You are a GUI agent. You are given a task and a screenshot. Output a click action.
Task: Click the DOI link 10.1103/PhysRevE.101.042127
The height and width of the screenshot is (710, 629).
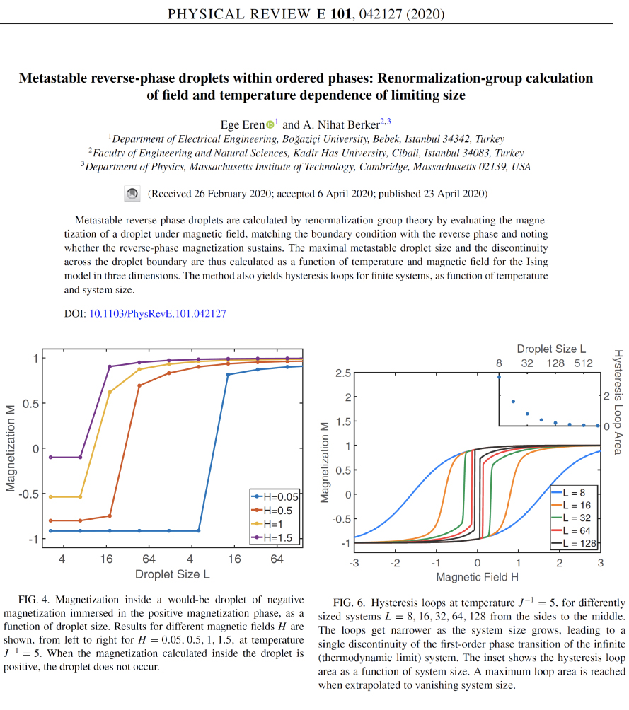point(157,313)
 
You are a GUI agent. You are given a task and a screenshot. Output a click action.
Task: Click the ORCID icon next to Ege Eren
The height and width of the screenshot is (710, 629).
point(270,124)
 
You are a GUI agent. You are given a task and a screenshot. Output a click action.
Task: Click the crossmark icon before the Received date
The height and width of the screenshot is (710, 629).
point(132,194)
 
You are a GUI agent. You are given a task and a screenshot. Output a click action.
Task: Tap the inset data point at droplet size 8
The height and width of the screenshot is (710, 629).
point(500,377)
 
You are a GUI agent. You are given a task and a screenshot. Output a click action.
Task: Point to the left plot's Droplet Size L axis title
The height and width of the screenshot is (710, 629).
point(172,574)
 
